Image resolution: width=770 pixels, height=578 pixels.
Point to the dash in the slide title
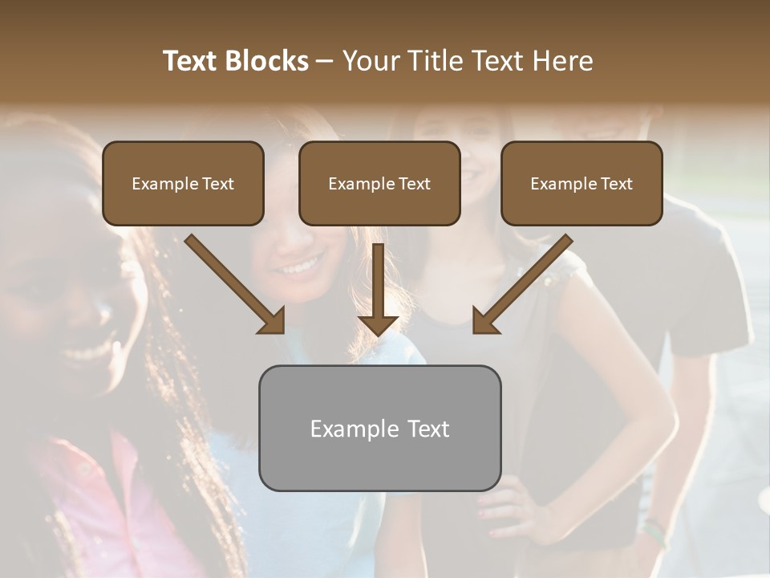[325, 62]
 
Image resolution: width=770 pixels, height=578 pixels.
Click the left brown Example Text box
[183, 183]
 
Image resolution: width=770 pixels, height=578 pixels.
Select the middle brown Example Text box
[379, 183]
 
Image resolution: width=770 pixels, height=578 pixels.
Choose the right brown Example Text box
[582, 183]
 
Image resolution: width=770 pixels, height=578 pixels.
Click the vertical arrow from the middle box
[378, 289]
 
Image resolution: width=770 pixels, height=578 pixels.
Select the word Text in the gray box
[428, 429]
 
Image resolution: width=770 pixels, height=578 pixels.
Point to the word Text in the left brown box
[217, 184]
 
